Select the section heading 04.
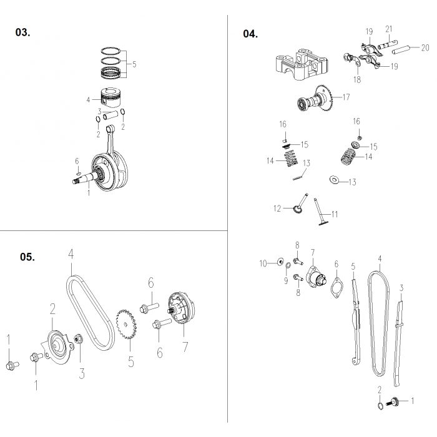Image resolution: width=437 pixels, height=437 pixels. point(250,34)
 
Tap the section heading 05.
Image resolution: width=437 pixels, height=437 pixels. point(27,257)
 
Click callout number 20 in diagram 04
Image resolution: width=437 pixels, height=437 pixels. point(425,47)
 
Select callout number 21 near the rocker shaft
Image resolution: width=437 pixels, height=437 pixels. point(388,29)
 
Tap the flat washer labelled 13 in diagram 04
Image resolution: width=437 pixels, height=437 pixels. point(335,181)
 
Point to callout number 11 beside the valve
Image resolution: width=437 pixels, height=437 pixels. point(335,214)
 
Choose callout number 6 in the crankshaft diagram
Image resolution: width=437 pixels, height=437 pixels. point(77,160)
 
